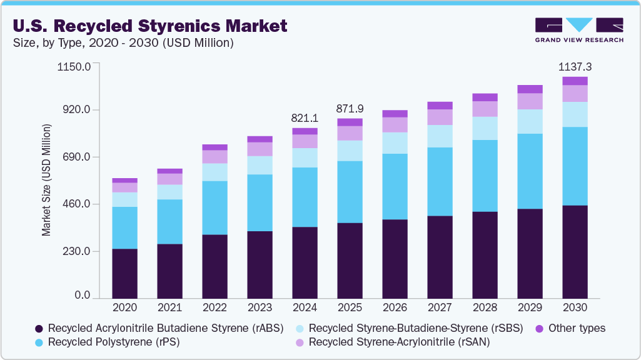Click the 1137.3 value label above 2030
click(x=575, y=66)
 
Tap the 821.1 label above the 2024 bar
click(x=305, y=117)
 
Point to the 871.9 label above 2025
click(x=350, y=108)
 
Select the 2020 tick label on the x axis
click(x=124, y=307)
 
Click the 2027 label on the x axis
click(x=440, y=307)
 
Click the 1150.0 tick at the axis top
click(x=74, y=66)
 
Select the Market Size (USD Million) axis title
click(x=46, y=180)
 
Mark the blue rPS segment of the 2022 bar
click(x=215, y=207)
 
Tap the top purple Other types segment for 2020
click(x=124, y=180)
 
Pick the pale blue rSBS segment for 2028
click(x=485, y=128)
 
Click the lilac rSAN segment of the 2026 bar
click(x=395, y=124)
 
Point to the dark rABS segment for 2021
click(x=169, y=271)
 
